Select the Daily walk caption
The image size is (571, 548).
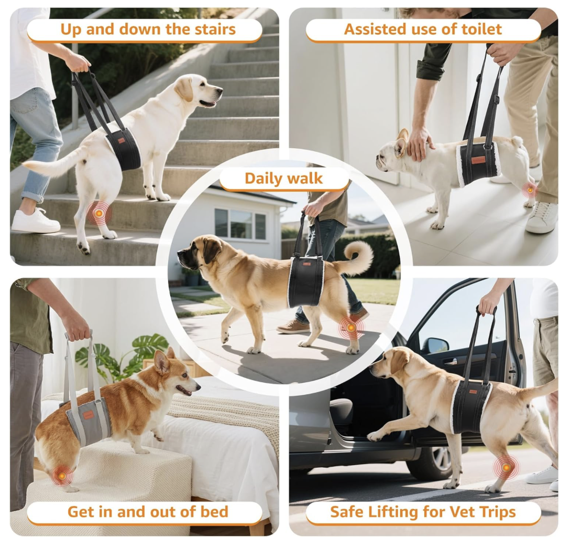pos(284,178)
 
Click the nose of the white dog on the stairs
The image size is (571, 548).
pos(220,89)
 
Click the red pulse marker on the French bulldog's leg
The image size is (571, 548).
pos(529,189)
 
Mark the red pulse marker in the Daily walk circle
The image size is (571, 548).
pos(351,328)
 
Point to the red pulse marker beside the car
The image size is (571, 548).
pos(507,467)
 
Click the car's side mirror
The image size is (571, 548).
pos(437,345)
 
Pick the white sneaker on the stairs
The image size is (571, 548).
pos(35,221)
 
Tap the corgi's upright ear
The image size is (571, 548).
pos(160,362)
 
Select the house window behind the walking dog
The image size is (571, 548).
pos(240,223)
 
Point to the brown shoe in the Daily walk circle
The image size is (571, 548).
pos(293,327)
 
